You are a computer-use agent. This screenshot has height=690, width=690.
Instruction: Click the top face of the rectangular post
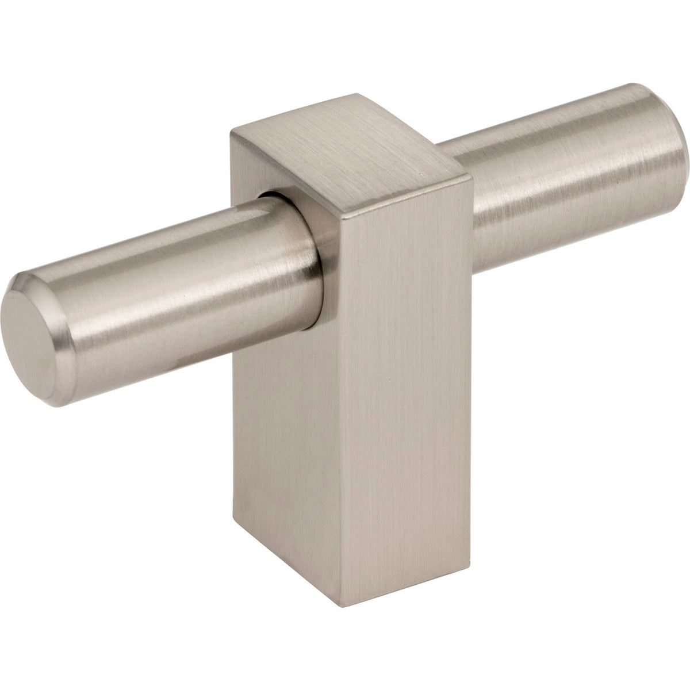coord(345,155)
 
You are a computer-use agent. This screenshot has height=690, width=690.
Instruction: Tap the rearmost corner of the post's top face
coord(356,94)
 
